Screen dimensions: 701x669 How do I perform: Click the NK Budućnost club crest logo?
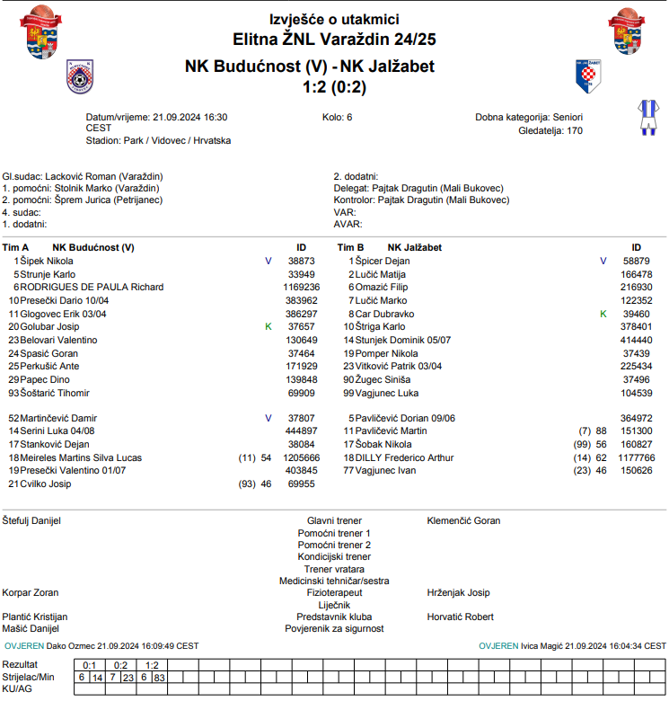(79, 76)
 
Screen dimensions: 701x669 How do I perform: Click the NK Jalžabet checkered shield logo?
(587, 76)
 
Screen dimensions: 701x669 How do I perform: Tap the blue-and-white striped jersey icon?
(646, 117)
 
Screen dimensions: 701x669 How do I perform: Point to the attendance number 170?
(575, 130)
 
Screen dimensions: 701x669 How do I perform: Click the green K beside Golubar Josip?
(268, 326)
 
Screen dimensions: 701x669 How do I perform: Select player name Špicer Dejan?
(383, 261)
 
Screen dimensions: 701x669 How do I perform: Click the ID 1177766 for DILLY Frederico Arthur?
(637, 457)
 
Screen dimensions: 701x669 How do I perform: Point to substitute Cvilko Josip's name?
(48, 484)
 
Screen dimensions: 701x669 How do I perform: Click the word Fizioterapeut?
(334, 593)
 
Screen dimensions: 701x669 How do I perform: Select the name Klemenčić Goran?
(463, 520)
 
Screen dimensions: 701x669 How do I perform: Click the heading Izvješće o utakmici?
(334, 20)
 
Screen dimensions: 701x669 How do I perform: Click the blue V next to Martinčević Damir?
(268, 418)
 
